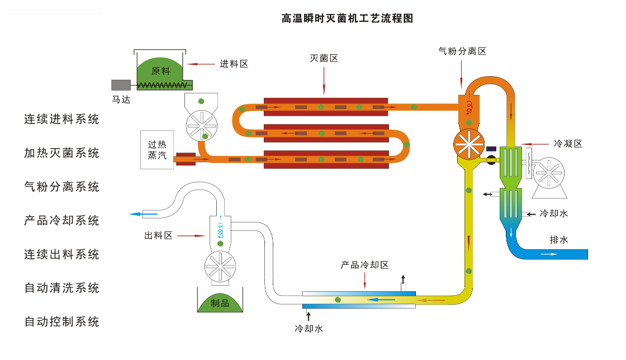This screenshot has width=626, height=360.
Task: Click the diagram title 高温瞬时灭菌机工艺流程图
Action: click(x=347, y=18)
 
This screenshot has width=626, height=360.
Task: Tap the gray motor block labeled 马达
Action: click(x=120, y=85)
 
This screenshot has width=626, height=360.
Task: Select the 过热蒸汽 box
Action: click(x=157, y=150)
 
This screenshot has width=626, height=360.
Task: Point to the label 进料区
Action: click(x=234, y=64)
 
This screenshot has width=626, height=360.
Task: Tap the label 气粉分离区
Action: click(x=462, y=51)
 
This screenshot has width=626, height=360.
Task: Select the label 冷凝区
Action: click(x=568, y=144)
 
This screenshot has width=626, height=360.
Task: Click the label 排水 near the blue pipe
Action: click(x=558, y=240)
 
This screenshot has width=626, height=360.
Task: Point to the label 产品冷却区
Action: click(x=364, y=265)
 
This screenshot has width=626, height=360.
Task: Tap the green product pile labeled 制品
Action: click(x=220, y=302)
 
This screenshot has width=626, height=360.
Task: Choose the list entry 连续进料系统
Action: click(x=61, y=119)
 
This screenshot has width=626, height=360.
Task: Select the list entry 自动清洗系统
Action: click(x=61, y=288)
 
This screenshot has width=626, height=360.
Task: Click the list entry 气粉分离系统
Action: click(x=61, y=187)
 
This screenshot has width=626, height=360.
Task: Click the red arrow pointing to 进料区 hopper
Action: click(x=201, y=64)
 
